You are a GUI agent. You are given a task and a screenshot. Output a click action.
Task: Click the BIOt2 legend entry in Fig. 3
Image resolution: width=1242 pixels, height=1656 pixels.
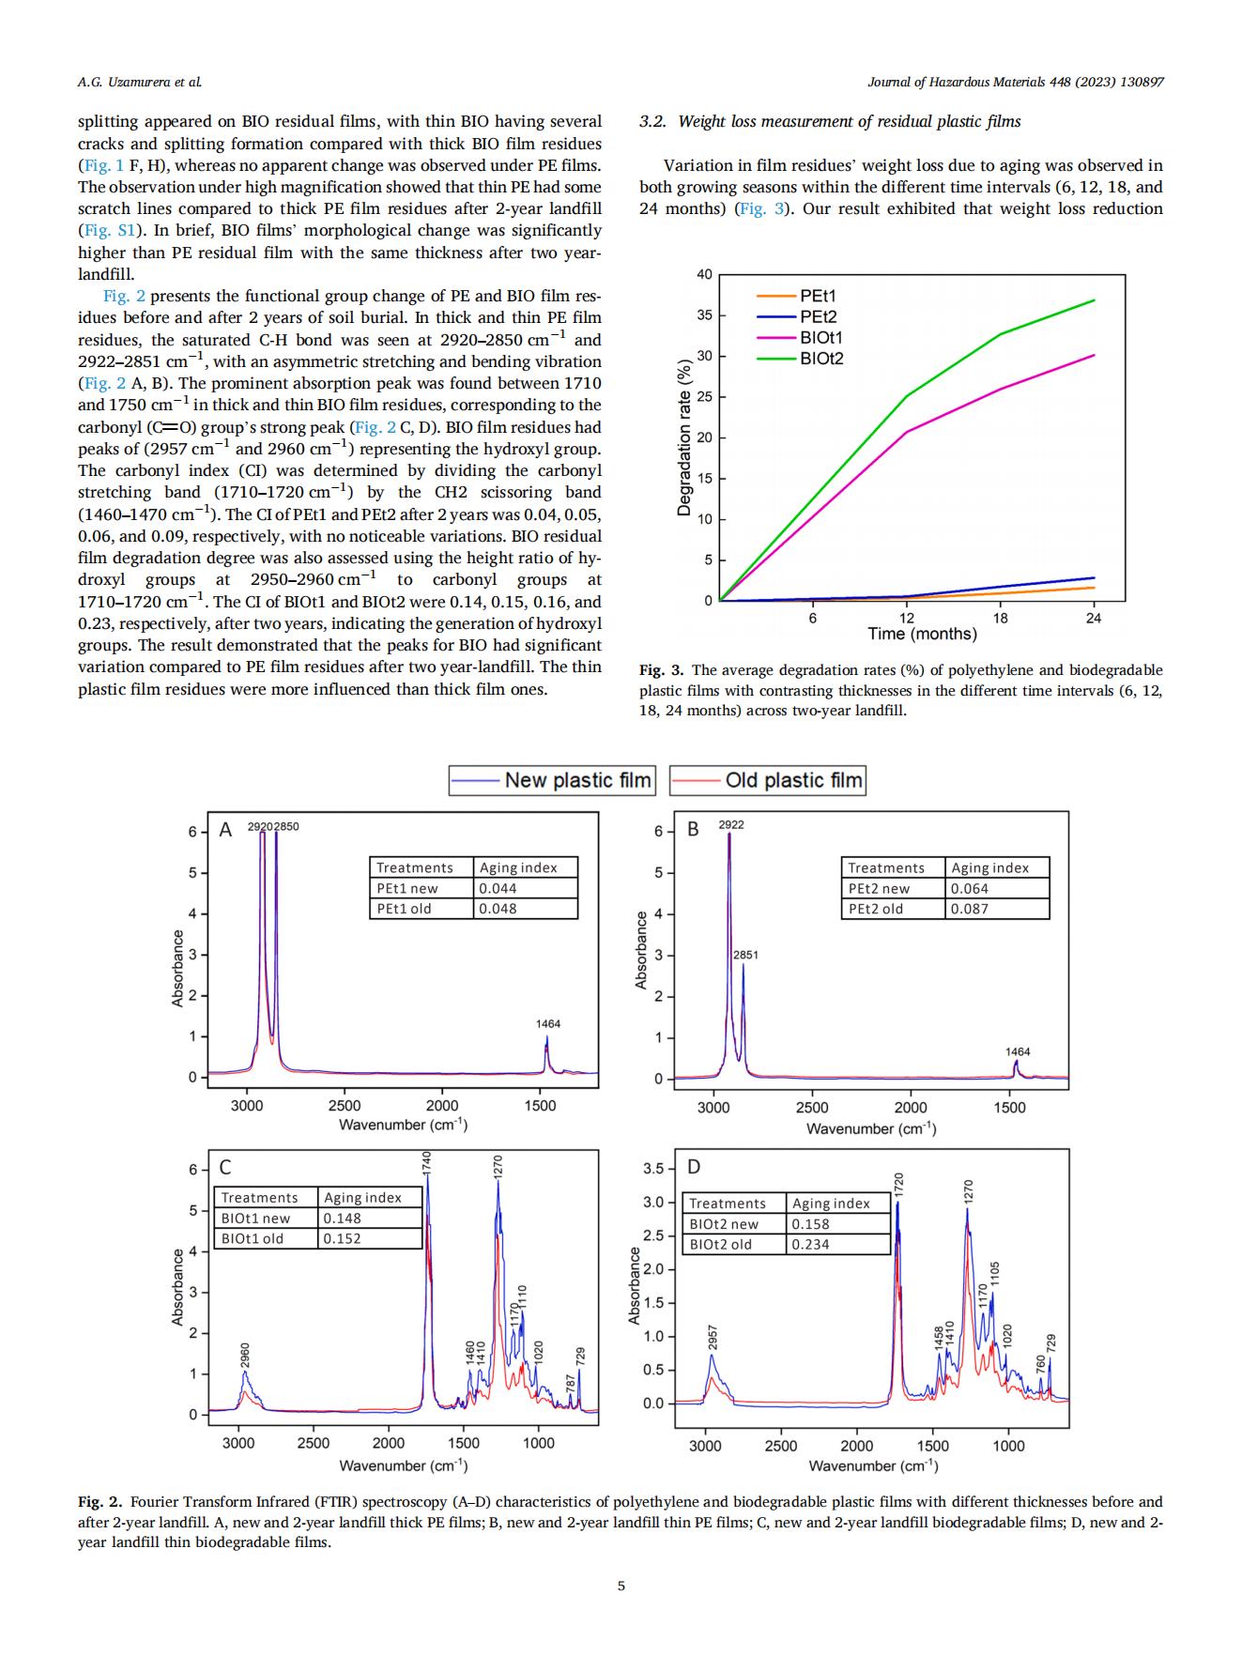[x=801, y=358]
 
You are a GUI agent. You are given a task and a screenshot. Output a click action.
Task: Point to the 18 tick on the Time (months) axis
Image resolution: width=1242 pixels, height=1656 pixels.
[x=1000, y=618]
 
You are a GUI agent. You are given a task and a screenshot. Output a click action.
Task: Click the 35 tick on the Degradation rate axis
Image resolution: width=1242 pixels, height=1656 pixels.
[x=704, y=315]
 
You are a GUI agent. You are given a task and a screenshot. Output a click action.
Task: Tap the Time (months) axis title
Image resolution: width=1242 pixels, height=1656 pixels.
[x=922, y=634]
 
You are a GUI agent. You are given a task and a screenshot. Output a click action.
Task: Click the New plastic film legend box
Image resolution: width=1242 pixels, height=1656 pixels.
[x=551, y=780]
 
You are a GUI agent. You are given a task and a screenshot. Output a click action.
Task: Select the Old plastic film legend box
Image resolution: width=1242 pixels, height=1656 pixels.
[x=767, y=780]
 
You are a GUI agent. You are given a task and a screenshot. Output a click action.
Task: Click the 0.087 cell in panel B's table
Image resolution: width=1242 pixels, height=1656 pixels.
[x=996, y=909]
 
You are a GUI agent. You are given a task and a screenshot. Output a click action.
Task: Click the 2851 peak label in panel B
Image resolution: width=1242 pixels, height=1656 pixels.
[x=745, y=955]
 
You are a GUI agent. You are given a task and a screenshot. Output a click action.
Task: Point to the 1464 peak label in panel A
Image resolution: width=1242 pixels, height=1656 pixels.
[x=548, y=1024]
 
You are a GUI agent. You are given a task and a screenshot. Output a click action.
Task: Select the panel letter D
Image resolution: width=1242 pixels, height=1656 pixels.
[x=694, y=1167]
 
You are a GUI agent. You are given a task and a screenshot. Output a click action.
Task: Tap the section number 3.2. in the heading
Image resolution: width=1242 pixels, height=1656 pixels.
[x=652, y=122]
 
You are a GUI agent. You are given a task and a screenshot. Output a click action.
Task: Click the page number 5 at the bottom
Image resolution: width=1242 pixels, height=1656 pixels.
[x=621, y=1587]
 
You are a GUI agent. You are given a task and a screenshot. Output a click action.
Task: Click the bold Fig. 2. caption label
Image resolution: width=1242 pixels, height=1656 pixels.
[x=100, y=1502]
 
